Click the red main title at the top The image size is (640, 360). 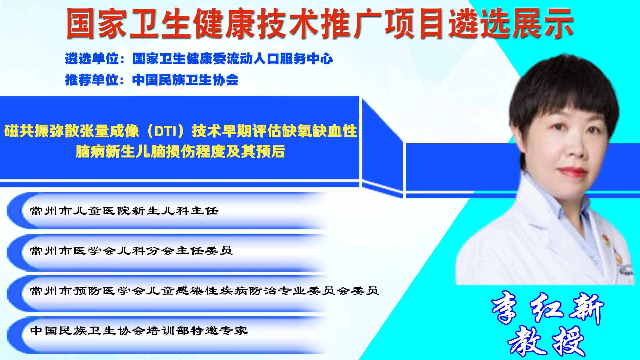[x=320, y=23]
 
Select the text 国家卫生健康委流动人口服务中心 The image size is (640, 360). [x=233, y=59]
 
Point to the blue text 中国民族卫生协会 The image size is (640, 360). [x=186, y=80]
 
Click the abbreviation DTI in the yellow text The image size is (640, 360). [x=166, y=131]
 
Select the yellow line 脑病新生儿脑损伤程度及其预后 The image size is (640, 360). [x=180, y=151]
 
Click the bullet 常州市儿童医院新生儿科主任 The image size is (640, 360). [x=124, y=211]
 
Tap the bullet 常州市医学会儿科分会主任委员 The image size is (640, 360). [x=131, y=251]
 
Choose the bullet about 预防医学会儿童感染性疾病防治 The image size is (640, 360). [x=204, y=291]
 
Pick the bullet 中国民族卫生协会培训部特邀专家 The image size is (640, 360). [x=139, y=330]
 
